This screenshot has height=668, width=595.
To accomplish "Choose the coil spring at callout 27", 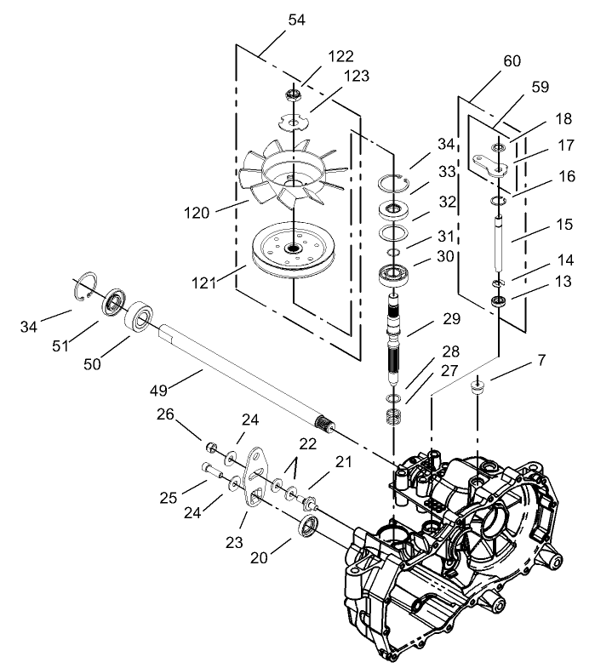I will pos(394,418).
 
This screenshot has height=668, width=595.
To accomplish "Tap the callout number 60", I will pos(512,61).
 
